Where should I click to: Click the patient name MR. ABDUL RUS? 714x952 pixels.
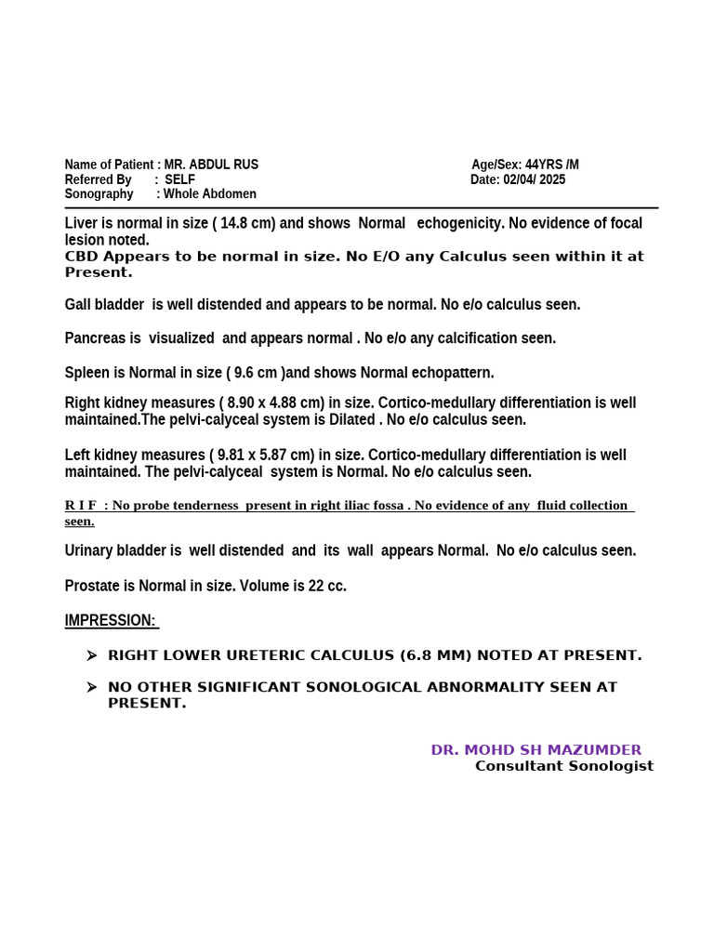(x=211, y=165)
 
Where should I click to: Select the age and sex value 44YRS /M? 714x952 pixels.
(x=551, y=165)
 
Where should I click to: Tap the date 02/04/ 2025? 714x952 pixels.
(x=535, y=179)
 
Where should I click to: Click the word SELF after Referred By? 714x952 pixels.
(x=180, y=179)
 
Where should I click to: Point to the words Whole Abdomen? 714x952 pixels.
(x=210, y=194)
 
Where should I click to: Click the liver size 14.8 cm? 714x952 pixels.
(x=244, y=223)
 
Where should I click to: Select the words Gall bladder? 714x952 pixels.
(x=105, y=304)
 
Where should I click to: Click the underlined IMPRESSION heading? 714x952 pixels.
(x=112, y=620)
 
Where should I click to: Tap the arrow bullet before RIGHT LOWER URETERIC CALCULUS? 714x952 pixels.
(x=91, y=655)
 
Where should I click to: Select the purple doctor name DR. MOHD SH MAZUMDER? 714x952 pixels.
(x=535, y=749)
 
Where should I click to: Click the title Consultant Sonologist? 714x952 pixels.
(x=563, y=766)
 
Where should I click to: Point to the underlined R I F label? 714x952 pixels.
(x=81, y=505)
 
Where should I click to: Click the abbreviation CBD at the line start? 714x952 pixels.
(x=82, y=257)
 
